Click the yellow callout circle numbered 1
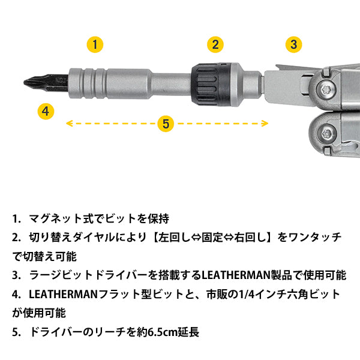pos(95,44)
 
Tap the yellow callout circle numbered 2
pos(216,44)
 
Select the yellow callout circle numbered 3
pos(292,44)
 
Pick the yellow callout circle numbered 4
pos(46,110)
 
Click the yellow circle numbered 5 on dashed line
pos(166,124)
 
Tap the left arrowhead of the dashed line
pos(68,124)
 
